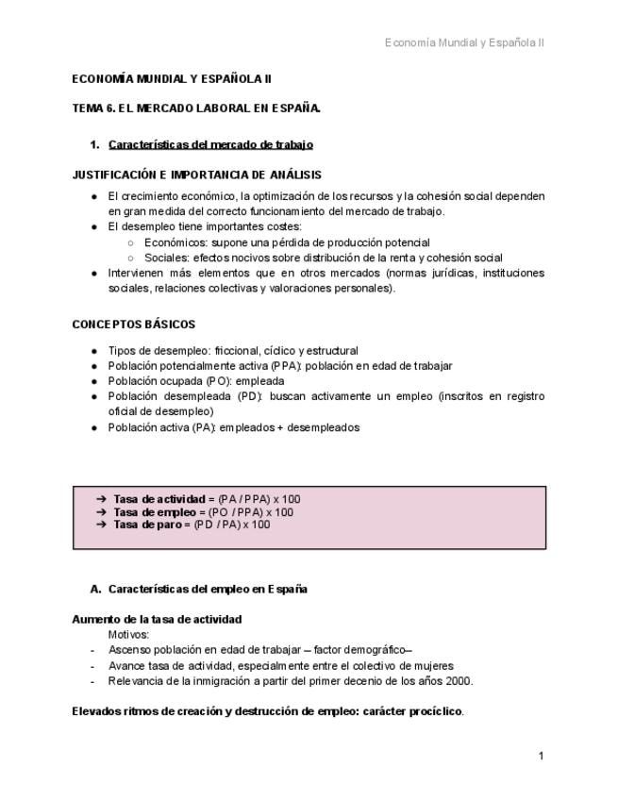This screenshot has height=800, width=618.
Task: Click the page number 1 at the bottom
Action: click(541, 756)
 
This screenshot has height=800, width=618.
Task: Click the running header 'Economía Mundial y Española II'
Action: click(464, 42)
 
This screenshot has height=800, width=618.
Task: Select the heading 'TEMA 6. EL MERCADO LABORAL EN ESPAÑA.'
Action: click(196, 108)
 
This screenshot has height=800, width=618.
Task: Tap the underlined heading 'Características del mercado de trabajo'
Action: click(210, 144)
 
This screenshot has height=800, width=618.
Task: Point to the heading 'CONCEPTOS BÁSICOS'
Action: click(134, 325)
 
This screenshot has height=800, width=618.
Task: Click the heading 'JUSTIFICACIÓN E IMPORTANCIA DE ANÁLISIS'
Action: click(196, 175)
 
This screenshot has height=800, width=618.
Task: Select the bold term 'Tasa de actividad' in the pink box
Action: click(159, 498)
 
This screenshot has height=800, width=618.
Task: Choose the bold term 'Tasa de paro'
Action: click(146, 525)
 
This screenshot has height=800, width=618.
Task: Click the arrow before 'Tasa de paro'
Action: click(101, 525)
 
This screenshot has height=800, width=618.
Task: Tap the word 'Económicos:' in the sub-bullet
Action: click(175, 242)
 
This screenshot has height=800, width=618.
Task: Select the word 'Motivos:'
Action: click(129, 635)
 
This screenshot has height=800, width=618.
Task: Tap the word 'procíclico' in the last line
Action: click(436, 711)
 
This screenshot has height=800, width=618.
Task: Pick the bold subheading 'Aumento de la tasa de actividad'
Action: click(157, 620)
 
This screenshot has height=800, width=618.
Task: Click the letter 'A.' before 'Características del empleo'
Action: click(95, 590)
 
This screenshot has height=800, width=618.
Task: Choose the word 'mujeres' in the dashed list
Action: click(433, 665)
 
